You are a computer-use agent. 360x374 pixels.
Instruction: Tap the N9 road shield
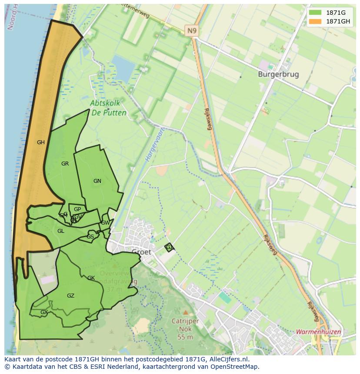click(191, 30)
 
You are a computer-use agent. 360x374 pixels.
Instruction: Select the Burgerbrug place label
click(278, 74)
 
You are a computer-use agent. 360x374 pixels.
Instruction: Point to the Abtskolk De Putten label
click(108, 108)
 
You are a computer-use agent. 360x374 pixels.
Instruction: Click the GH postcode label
click(41, 142)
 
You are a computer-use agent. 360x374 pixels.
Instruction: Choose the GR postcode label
click(65, 164)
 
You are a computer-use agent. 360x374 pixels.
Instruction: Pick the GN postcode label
click(97, 181)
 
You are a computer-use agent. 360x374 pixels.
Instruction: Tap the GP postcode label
click(77, 209)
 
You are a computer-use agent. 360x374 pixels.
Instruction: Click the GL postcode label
click(61, 231)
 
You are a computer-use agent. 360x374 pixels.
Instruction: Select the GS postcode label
click(90, 237)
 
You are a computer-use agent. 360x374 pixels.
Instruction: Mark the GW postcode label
click(105, 223)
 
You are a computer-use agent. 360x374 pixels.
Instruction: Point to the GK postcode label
click(91, 278)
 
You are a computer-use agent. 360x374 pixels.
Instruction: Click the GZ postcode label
click(70, 296)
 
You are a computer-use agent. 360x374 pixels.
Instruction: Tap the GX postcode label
click(44, 312)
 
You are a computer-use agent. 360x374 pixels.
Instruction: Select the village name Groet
click(141, 252)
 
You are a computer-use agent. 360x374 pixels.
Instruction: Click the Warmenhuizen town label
click(318, 331)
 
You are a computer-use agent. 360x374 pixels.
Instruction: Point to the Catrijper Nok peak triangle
click(186, 312)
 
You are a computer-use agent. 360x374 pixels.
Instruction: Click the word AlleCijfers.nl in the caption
click(227, 359)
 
